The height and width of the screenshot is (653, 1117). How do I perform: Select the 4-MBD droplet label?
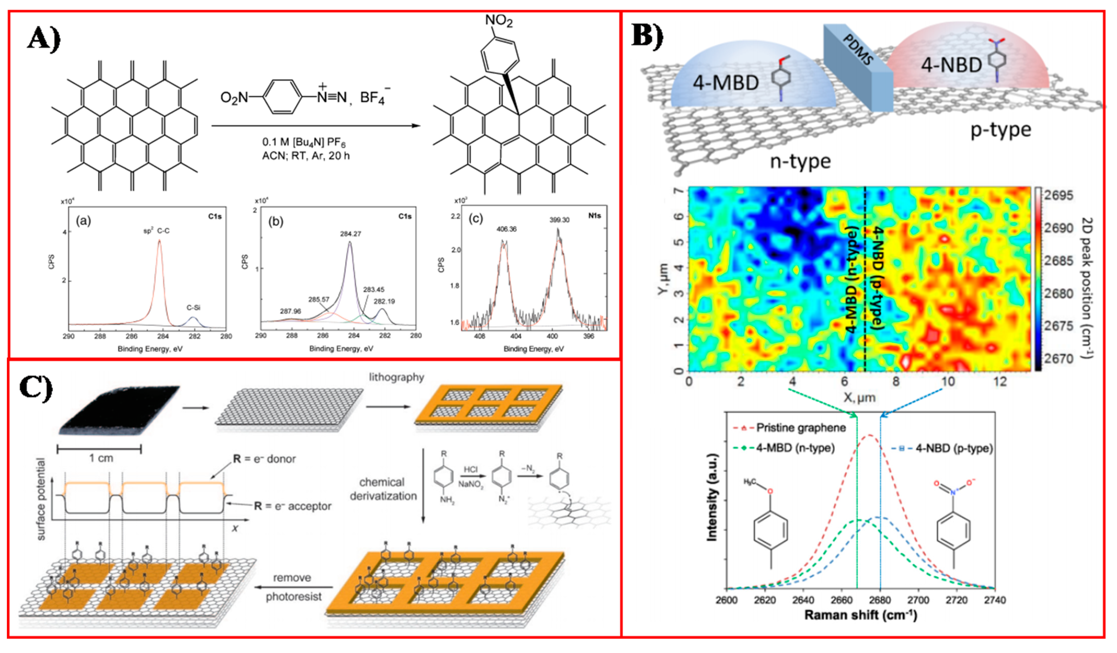coord(726,83)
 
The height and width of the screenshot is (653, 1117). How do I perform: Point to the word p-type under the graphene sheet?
coord(1000,130)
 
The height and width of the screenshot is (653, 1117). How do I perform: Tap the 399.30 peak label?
coord(559,220)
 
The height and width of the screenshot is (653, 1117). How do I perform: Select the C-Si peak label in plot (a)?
coord(193,307)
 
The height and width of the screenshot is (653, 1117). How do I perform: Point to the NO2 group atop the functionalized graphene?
coord(499,20)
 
